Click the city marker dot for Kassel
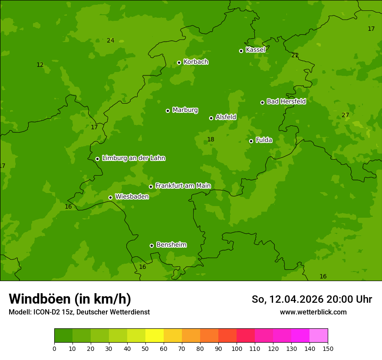241,51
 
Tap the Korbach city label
196,62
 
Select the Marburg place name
185,110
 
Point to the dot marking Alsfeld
211,118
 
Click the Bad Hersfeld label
286,101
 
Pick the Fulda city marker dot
251,141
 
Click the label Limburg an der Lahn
133,158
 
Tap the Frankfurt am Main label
183,186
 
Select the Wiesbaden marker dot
110,197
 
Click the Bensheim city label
171,245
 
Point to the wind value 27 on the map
345,115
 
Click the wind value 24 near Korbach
111,41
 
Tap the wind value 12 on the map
40,65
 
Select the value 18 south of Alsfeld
211,140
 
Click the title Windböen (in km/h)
70,299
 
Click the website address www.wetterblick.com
313,312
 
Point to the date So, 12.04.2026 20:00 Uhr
312,299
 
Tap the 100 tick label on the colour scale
237,349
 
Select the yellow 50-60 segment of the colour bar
154,336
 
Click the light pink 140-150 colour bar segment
319,336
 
